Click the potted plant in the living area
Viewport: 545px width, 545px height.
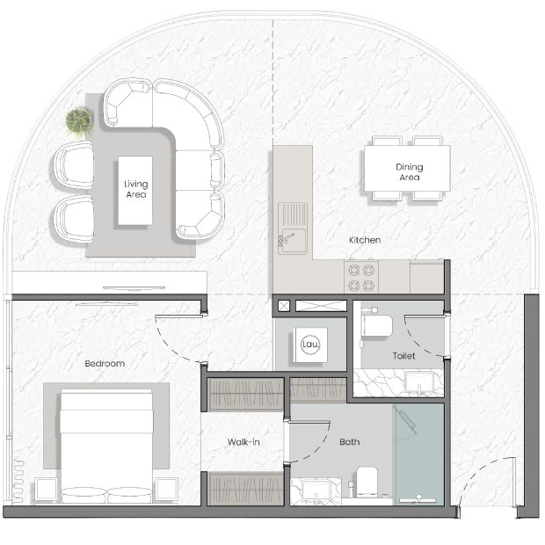pos(79,121)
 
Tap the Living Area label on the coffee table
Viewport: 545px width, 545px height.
pos(135,189)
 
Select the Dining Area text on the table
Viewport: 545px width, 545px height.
pos(409,172)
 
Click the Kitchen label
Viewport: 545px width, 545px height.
pos(365,240)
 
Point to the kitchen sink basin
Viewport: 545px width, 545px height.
pos(294,240)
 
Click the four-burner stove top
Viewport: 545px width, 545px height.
pos(361,278)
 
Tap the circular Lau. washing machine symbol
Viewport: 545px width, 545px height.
pos(310,345)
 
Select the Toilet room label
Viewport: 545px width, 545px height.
pos(403,356)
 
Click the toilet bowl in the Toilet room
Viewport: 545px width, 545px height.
pos(377,326)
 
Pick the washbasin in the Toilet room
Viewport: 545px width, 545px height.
pos(419,382)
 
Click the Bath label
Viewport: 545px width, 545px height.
pos(349,442)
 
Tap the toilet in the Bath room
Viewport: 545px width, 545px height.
pos(367,481)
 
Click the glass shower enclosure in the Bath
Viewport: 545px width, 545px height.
pos(418,454)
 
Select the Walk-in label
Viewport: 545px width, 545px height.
pos(243,442)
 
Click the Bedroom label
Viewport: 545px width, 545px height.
pos(105,364)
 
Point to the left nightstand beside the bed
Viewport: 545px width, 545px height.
pos(46,490)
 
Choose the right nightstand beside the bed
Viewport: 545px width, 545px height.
pos(166,490)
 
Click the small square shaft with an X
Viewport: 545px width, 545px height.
pos(284,306)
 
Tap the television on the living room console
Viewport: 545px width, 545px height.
pos(134,288)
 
